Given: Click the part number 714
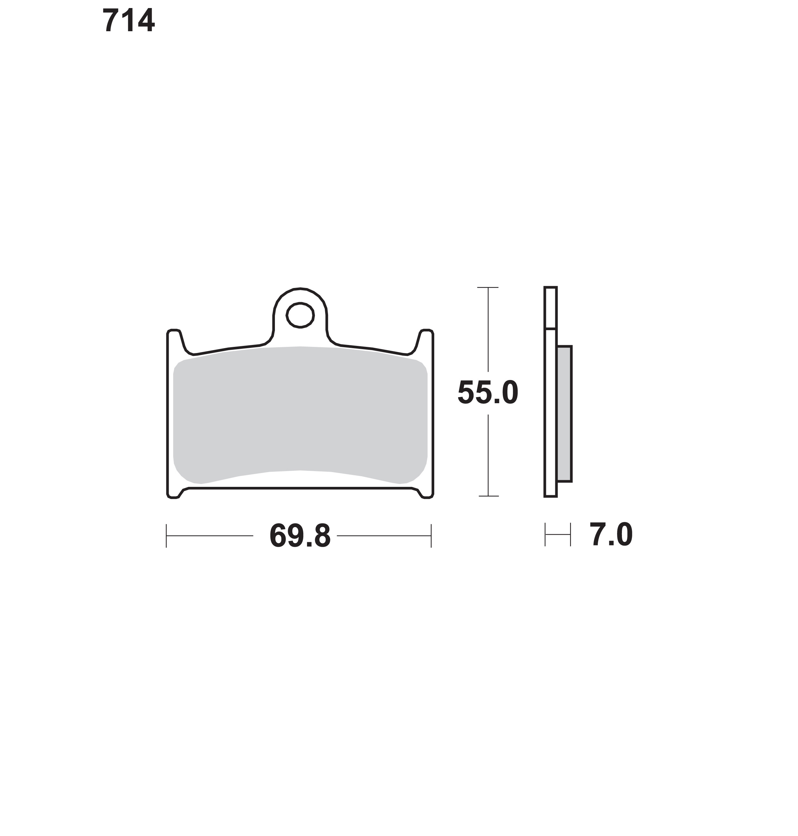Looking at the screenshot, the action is [128, 20].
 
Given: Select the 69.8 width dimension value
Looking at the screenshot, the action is [300, 536].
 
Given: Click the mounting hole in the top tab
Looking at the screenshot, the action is [300, 315].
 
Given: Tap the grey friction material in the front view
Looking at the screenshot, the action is [300, 414].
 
